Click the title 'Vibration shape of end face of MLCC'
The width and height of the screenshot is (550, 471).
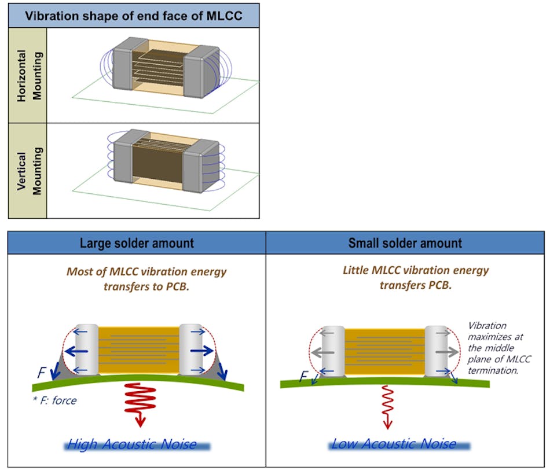click(x=134, y=15)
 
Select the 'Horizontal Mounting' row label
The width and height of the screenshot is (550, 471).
click(x=28, y=75)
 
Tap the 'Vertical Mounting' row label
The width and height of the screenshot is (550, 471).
click(x=28, y=170)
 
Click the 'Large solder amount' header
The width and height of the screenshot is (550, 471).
click(x=137, y=242)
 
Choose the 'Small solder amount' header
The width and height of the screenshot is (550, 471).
click(x=405, y=242)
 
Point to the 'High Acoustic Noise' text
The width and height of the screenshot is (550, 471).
click(x=138, y=444)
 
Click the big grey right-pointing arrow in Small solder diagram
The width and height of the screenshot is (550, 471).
click(x=443, y=351)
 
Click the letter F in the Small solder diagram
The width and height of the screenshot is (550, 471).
click(x=302, y=377)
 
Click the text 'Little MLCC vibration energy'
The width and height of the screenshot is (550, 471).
click(x=416, y=270)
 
